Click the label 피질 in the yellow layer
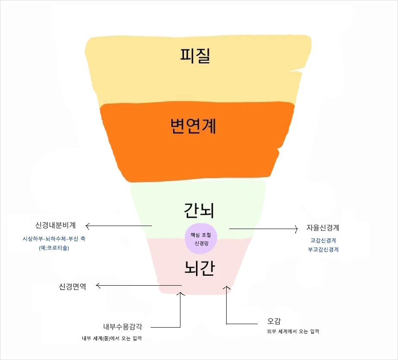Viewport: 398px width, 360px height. coord(195,55)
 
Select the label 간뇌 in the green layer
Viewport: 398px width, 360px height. coord(199,210)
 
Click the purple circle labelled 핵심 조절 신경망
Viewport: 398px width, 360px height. coord(201,239)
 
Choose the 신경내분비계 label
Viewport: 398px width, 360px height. coord(56,225)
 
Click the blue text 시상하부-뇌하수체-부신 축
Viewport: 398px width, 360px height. coord(54,239)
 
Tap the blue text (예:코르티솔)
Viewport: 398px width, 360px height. coord(54,248)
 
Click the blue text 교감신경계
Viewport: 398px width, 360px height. coord(323,240)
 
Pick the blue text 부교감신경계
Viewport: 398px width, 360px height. coord(323,249)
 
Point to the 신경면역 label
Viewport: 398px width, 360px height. coord(72,286)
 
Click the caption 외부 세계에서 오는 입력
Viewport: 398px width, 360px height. coord(293,331)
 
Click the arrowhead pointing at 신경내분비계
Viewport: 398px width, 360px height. coord(87,226)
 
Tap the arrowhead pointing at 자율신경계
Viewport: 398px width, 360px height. coord(297,228)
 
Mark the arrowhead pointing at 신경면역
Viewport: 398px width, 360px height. coord(98,285)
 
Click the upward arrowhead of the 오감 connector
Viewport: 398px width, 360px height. coord(226,287)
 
